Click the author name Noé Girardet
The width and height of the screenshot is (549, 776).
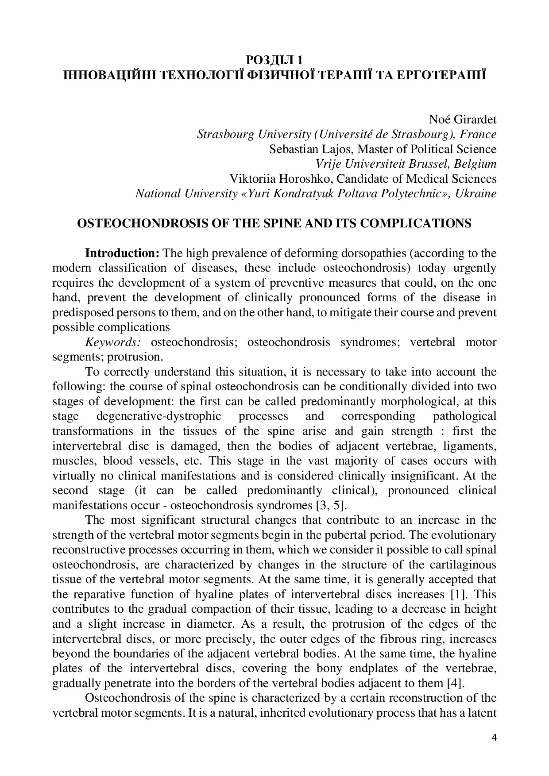tap(462, 119)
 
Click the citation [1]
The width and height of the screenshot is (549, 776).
tap(460, 594)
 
